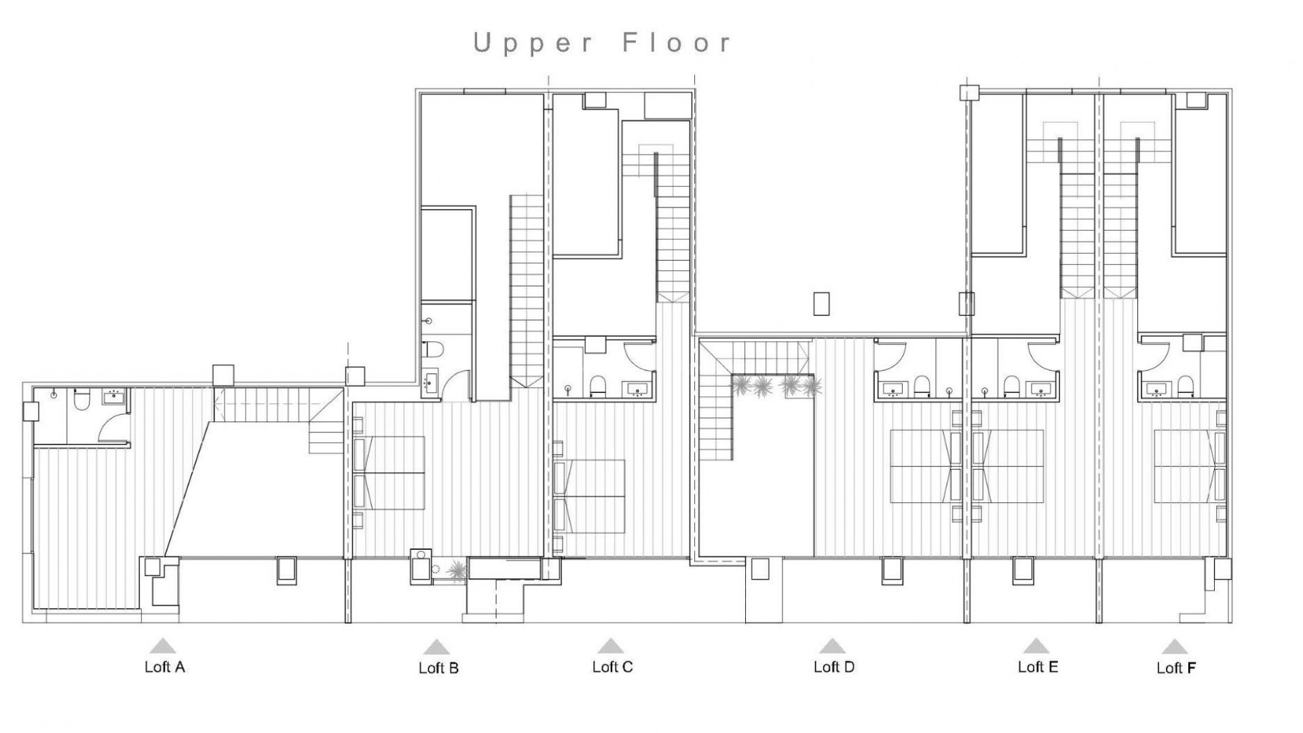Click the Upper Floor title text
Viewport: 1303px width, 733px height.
click(603, 43)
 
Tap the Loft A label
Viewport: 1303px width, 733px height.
click(164, 667)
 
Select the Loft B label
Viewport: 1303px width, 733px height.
click(438, 669)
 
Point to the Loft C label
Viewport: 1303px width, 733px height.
click(612, 667)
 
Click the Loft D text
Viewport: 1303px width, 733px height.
click(834, 667)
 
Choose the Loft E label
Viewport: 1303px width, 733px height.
click(1038, 667)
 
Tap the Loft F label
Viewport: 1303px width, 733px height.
click(1176, 669)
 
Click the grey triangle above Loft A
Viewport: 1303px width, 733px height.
click(162, 645)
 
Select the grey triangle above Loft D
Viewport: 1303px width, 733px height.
click(832, 645)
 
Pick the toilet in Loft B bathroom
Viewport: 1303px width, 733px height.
click(432, 351)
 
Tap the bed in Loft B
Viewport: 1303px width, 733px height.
click(392, 472)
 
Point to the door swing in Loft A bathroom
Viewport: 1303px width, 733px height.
click(112, 428)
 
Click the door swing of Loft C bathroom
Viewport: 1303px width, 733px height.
click(638, 356)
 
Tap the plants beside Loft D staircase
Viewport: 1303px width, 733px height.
click(777, 386)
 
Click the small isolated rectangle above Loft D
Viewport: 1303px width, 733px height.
click(821, 303)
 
